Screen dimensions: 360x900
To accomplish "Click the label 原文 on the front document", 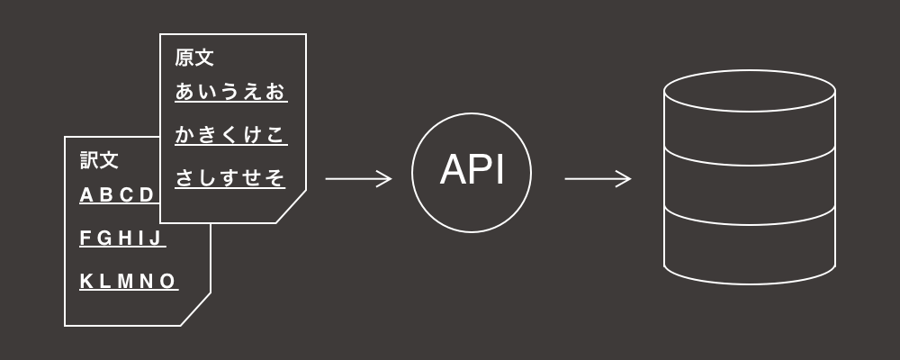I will tap(194, 58).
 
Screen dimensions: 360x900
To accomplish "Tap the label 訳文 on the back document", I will tap(99, 160).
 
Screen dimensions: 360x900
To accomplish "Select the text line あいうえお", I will tap(230, 92).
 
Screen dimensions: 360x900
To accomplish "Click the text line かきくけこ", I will tap(230, 135).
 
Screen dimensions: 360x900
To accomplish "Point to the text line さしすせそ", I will tap(230, 178).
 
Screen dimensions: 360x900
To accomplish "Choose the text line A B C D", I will tap(118, 195).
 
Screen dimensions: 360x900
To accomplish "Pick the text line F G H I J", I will tap(121, 238).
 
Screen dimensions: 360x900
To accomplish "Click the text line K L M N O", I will tap(128, 282).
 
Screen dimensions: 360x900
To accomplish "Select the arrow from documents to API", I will tap(358, 179).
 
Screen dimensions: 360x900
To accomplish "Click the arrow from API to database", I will tap(598, 179).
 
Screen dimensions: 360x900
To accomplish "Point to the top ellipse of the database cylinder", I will tap(750, 91).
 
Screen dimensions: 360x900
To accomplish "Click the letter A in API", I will tap(453, 171).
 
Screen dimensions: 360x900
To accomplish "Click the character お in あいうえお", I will tap(276, 92).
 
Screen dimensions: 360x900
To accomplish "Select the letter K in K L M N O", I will tap(86, 282).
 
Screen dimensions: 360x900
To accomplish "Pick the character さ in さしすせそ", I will tap(184, 178).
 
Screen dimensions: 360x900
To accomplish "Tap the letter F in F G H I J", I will tap(85, 238).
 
